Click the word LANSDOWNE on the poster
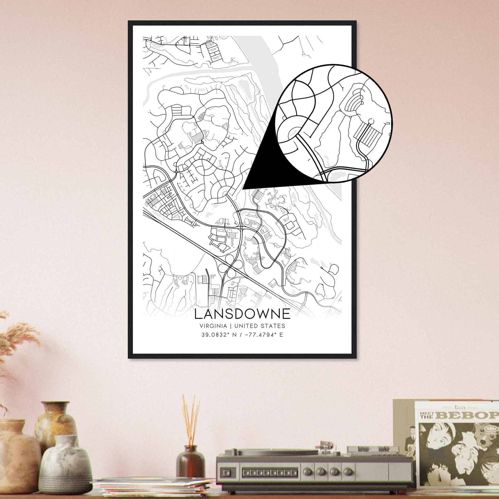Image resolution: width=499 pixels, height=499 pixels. pos(242,314)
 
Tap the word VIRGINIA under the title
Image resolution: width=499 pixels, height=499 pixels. pos(213,326)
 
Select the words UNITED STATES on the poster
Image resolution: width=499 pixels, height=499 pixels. pos(259,326)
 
